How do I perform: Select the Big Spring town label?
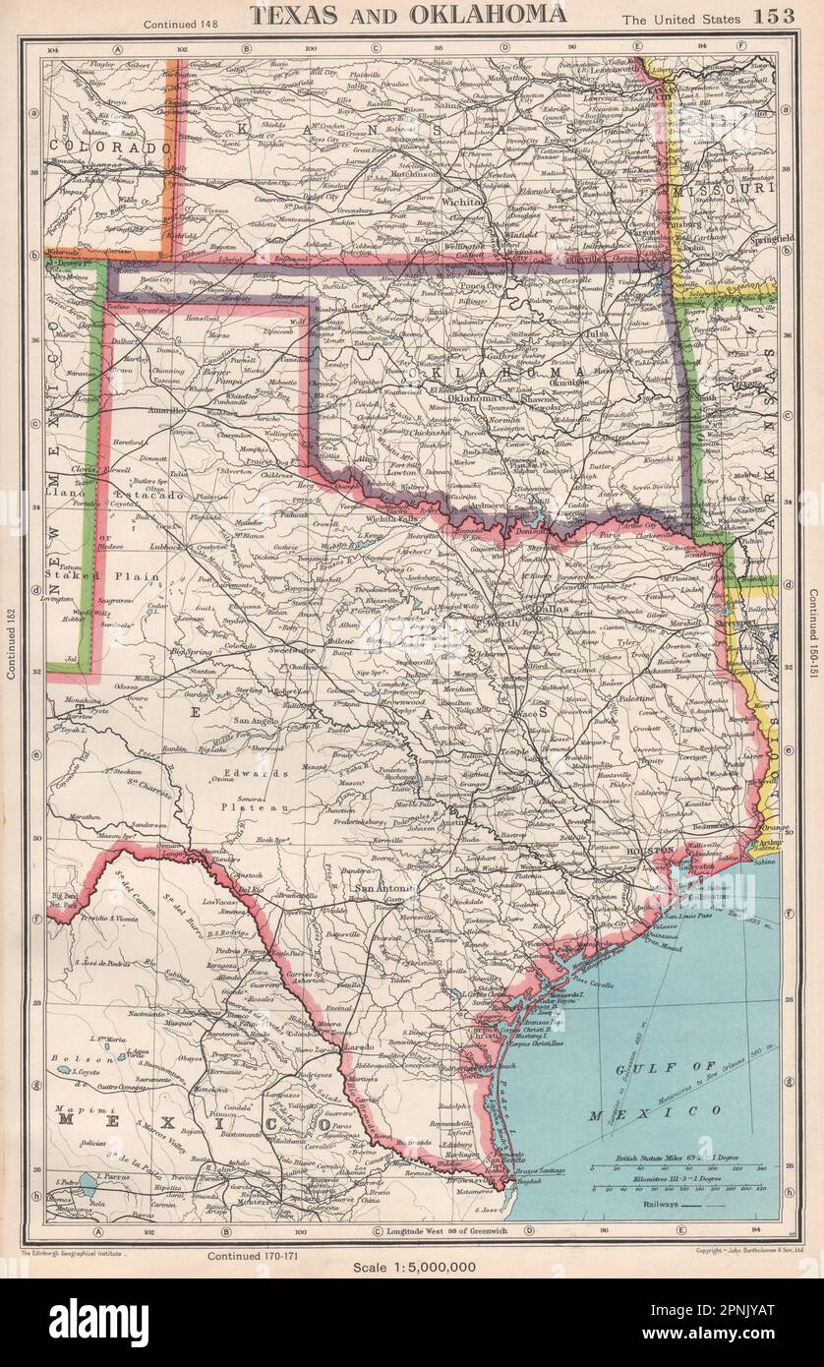click(x=190, y=651)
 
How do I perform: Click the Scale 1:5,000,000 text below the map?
click(x=413, y=1268)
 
